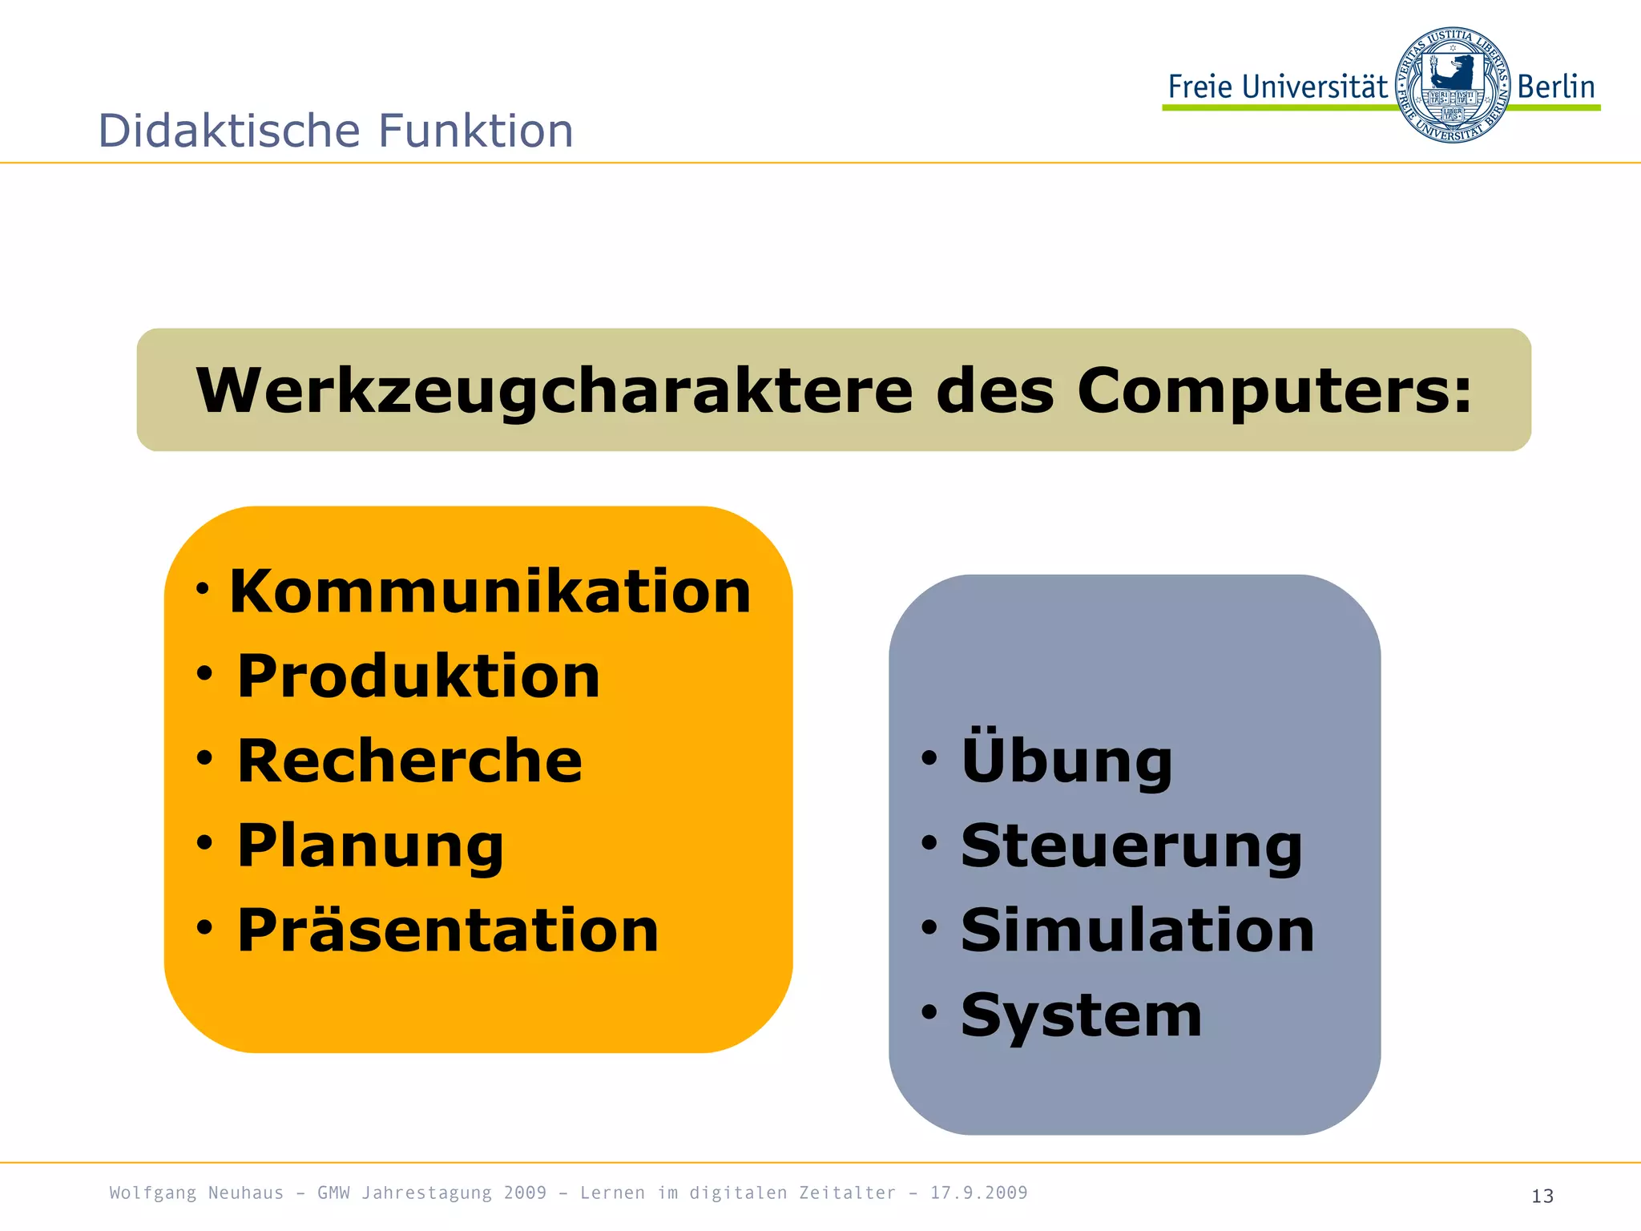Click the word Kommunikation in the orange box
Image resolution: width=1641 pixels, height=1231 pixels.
point(490,591)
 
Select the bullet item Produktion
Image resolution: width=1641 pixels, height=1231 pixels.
point(418,676)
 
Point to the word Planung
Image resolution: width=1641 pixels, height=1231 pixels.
point(370,846)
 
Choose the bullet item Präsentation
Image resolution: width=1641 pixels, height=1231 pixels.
point(448,930)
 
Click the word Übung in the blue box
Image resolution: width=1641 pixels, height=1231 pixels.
point(1066,759)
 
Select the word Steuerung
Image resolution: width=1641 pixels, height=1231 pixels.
point(1131,846)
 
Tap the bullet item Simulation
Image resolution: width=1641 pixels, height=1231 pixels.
point(1138,930)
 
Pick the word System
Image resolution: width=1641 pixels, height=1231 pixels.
point(1082,1015)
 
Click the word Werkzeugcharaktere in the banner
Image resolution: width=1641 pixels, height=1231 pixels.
point(554,391)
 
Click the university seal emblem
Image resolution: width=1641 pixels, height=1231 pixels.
point(1452,85)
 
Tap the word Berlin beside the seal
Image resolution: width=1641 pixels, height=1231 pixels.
point(1556,87)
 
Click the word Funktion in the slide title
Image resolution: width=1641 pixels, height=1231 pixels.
point(476,131)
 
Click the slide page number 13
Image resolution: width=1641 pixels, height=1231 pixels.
point(1542,1197)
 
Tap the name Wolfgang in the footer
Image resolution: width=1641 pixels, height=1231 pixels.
point(152,1193)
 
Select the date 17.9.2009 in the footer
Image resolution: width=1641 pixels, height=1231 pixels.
point(978,1193)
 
